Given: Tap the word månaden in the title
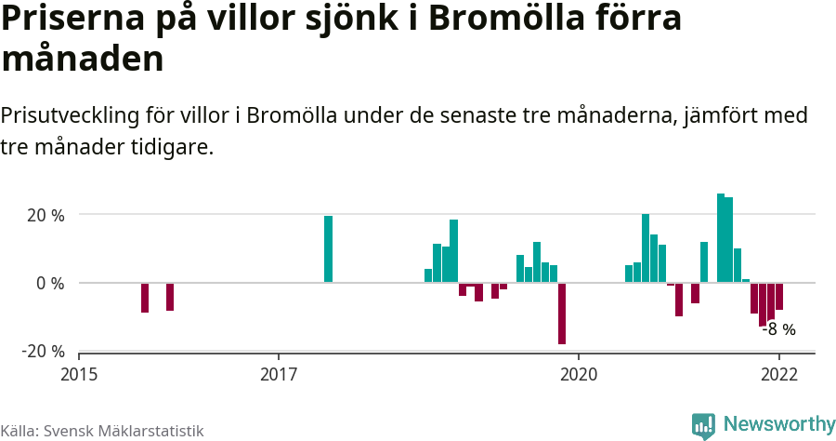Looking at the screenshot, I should pos(83,60).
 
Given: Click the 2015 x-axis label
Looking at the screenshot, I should pos(79,375).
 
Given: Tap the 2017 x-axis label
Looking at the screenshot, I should pos(279,375).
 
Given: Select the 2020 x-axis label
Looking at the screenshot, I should pos(578,375).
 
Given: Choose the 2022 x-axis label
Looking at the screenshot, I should pos(778,375).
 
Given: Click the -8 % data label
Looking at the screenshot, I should pos(779,328).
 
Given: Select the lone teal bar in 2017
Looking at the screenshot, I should pos(328,248).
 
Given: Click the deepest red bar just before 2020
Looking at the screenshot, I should pos(562,313).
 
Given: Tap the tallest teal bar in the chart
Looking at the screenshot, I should pos(721,238).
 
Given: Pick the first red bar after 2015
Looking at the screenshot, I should pos(145,298).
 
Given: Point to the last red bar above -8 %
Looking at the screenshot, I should pos(779,296).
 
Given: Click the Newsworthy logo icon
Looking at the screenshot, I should pos(703,425).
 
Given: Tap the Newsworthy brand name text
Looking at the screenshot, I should pos(779,424).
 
